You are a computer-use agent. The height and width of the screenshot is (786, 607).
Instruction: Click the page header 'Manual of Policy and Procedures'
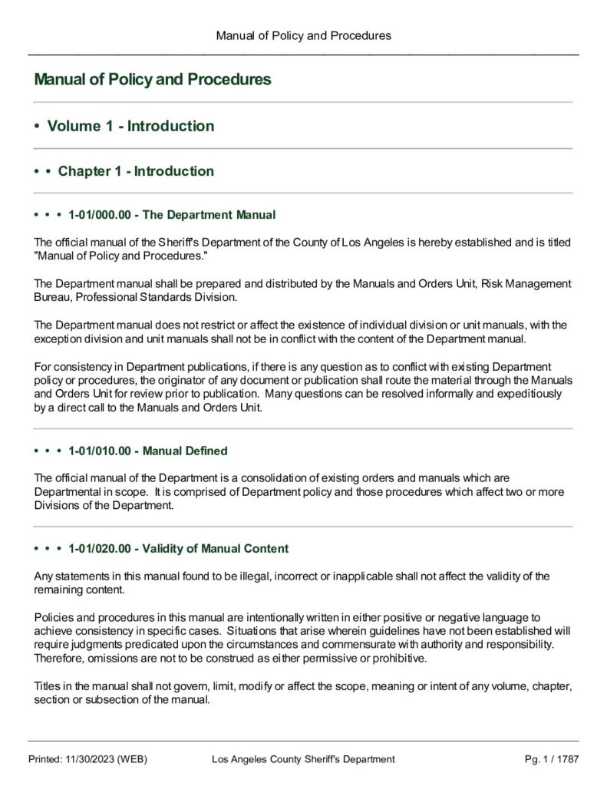303,35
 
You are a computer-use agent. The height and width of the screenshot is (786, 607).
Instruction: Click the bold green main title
153,80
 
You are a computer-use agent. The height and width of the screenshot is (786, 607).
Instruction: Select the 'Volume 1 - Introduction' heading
130,126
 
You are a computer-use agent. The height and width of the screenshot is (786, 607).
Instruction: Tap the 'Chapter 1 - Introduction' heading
136,171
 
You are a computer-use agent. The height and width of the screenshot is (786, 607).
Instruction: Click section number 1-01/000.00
100,214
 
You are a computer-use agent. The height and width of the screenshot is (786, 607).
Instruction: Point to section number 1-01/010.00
100,451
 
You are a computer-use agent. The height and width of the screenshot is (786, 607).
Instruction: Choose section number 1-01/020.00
100,549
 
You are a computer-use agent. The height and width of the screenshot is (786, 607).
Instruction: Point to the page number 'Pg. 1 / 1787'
551,759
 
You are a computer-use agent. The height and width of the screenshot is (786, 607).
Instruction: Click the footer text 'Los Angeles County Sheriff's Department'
303,759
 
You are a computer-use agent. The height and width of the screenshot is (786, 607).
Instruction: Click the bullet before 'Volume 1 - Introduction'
37,127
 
